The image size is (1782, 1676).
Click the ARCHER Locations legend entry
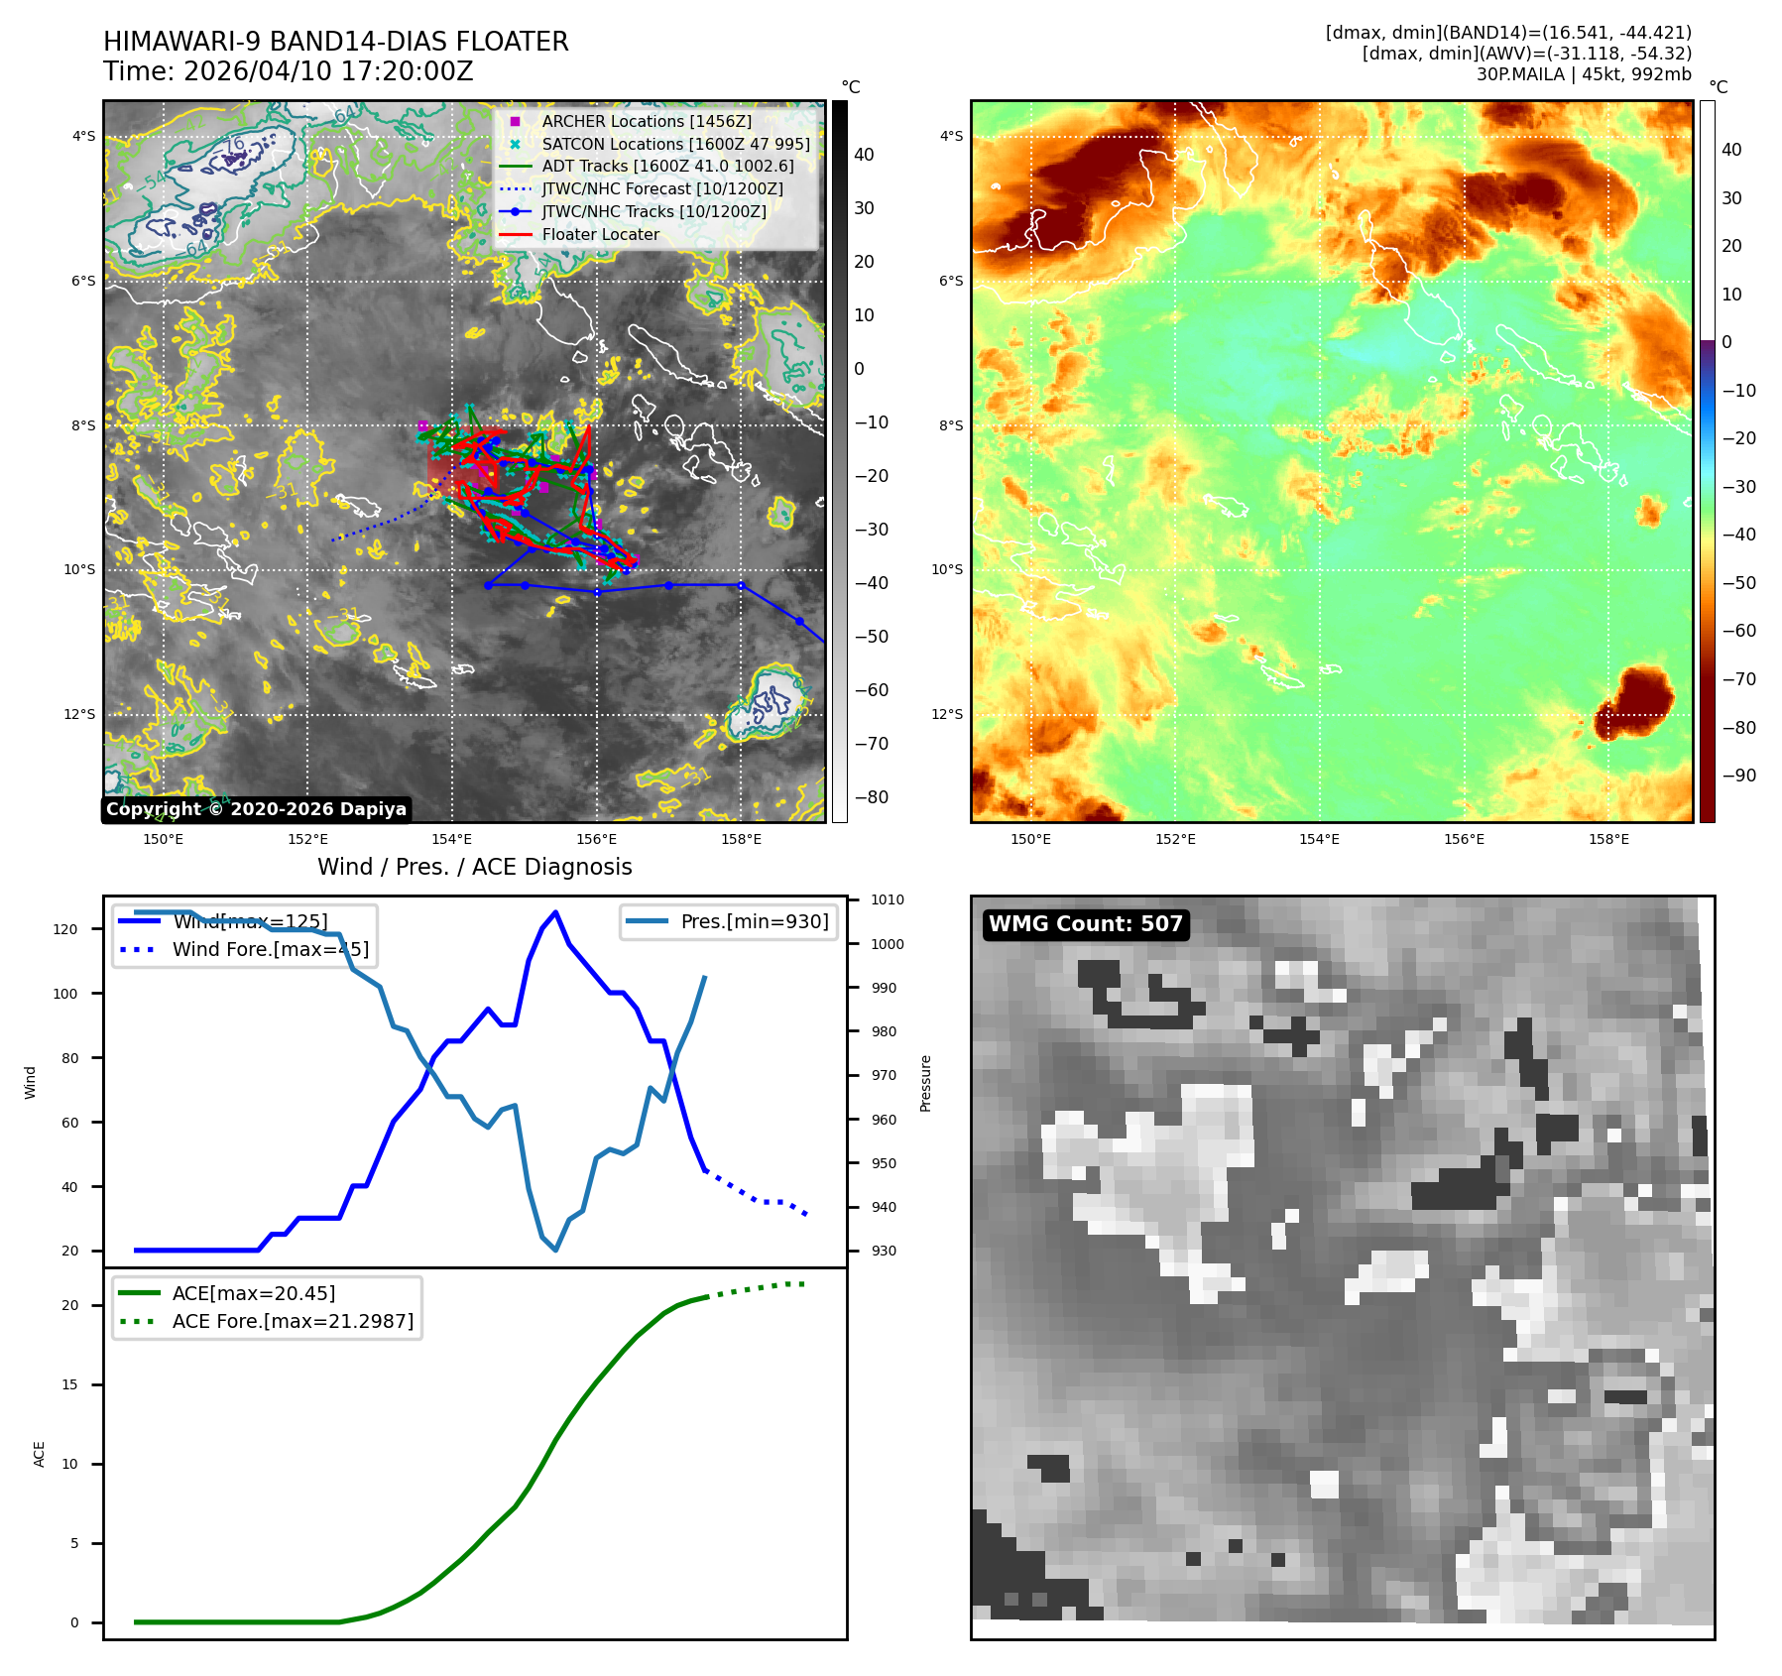coord(646,121)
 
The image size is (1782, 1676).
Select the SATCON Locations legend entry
coord(674,144)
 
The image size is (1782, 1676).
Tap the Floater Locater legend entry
coord(600,234)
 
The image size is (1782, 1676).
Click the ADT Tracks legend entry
coord(666,167)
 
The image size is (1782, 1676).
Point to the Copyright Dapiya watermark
coord(256,809)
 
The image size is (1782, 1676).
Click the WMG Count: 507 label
coord(1085,924)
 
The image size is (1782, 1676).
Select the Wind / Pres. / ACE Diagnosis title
coord(474,867)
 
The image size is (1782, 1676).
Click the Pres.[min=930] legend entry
coord(754,921)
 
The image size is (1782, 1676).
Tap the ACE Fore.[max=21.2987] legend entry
coord(293,1321)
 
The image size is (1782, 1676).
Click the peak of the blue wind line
coord(555,912)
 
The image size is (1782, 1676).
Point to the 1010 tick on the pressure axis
coord(887,900)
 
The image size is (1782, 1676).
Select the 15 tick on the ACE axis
coord(69,1384)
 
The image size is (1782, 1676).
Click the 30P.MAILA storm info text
coord(1583,74)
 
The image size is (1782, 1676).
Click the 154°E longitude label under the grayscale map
coord(452,839)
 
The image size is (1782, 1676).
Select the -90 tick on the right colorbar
coord(1737,776)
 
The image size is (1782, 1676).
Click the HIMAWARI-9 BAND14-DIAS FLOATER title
coord(335,42)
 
